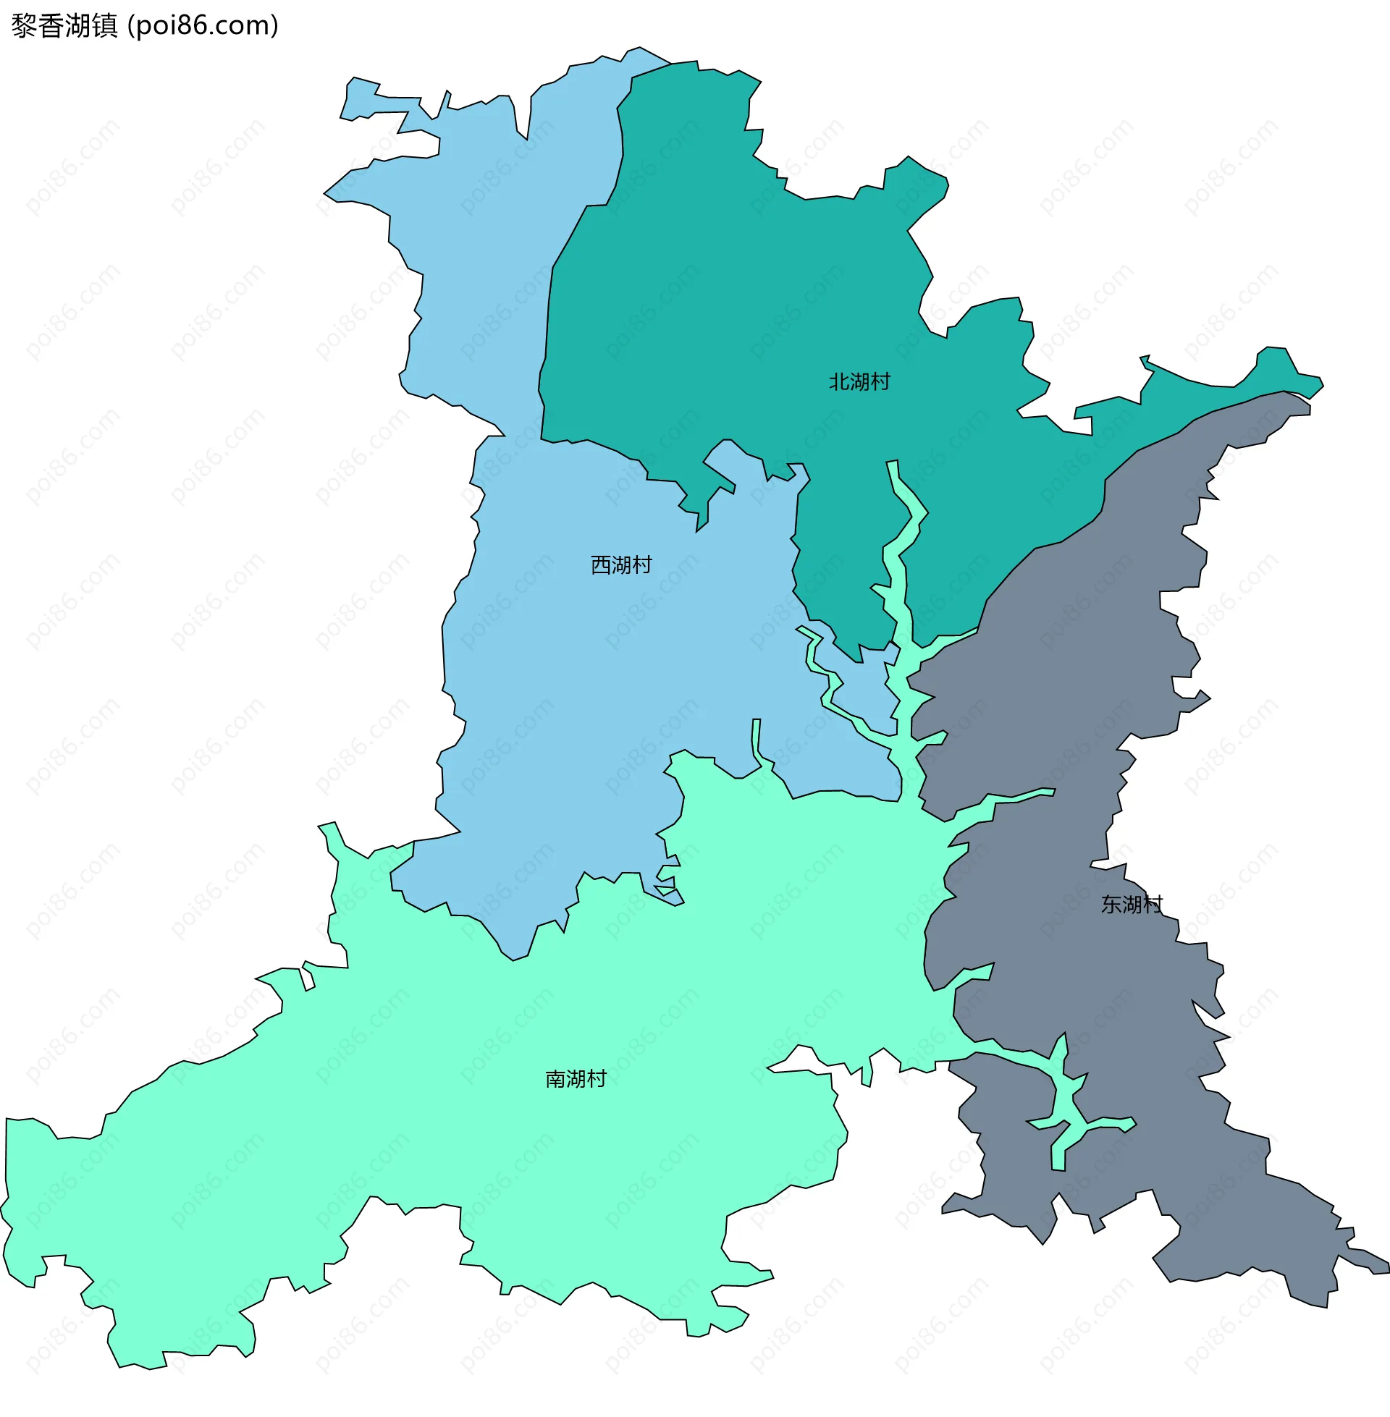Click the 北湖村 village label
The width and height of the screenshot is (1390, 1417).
[859, 381]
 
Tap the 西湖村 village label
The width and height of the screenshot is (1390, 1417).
[620, 564]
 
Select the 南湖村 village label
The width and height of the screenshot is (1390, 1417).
[576, 1078]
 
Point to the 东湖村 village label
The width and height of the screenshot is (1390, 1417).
[1131, 904]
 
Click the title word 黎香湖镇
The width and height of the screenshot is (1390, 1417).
[64, 26]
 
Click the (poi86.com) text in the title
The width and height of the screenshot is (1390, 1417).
[203, 26]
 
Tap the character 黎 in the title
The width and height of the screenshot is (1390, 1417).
[24, 26]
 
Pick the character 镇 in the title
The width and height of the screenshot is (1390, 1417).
[104, 26]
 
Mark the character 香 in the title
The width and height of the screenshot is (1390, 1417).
[51, 26]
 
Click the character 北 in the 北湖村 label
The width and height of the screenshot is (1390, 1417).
[839, 381]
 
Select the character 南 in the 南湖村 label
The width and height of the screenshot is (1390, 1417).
[555, 1078]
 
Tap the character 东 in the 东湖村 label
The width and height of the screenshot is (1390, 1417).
[1111, 904]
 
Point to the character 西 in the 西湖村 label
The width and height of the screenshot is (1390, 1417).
[600, 564]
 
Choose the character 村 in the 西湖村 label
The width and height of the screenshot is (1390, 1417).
[641, 564]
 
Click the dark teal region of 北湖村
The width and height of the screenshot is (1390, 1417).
[730, 292]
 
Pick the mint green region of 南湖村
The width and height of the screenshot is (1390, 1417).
[438, 1094]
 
